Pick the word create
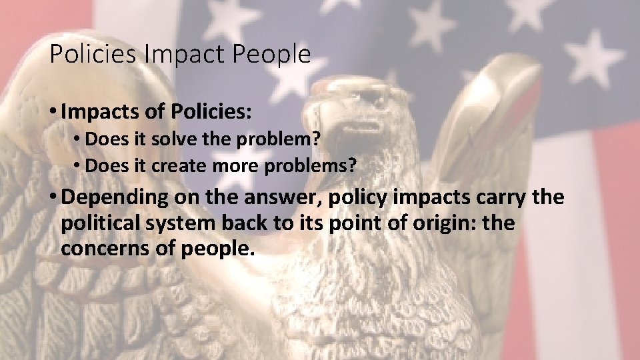coord(173,166)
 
